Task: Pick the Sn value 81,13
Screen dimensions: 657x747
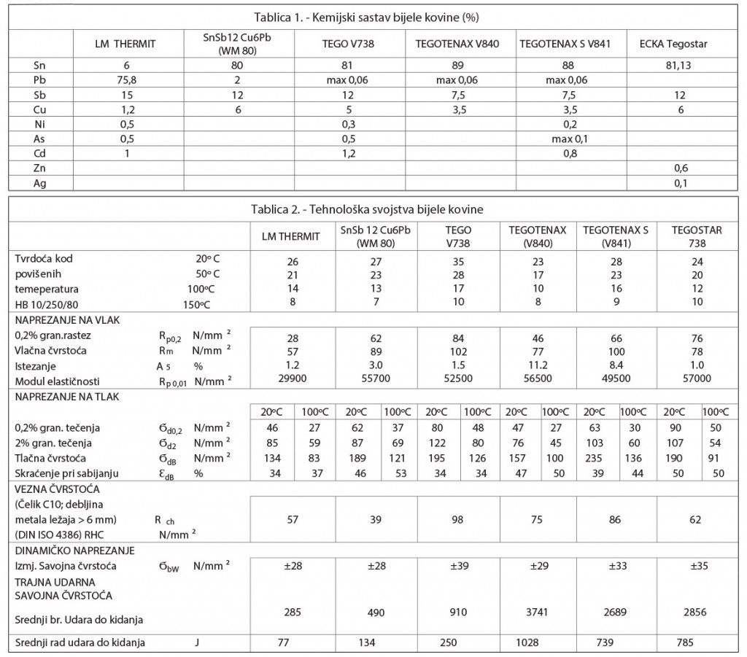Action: (x=678, y=65)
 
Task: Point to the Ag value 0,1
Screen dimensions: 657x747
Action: (x=678, y=183)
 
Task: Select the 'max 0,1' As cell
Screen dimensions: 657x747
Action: (x=569, y=139)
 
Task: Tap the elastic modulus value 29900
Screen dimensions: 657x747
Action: (x=292, y=381)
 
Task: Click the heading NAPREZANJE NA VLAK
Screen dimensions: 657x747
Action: (x=63, y=319)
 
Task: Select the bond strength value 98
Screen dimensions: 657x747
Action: (x=458, y=520)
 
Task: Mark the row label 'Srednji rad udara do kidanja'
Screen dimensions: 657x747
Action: (x=80, y=642)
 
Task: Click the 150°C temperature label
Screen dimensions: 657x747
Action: (x=214, y=303)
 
